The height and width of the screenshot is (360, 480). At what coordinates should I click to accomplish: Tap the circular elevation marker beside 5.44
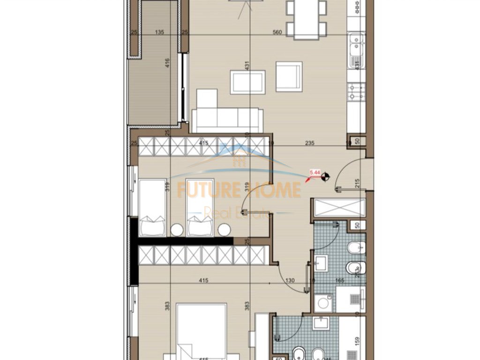coord(325,177)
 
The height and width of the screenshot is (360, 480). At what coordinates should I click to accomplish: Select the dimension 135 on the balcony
coord(159,32)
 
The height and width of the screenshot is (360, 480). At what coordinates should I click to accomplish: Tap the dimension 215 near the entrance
coord(358,183)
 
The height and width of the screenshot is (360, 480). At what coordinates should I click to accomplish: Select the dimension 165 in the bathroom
coord(339,281)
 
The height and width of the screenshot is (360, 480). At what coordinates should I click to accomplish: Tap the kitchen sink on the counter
coord(357,45)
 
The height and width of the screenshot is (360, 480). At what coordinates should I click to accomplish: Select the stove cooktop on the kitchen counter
coord(357,92)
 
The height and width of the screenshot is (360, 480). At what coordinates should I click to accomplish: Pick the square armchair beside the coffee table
coord(289,76)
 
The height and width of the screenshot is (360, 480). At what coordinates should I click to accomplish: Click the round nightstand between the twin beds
coord(176,230)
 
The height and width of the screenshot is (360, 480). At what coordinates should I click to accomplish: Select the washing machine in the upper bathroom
coord(323,303)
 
